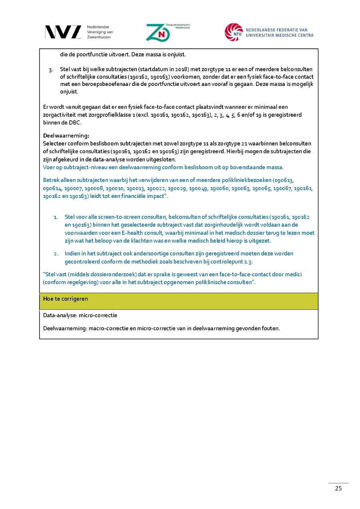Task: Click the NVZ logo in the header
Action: tap(63, 32)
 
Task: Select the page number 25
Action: tap(338, 488)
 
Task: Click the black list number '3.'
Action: tap(51, 70)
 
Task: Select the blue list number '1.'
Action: tap(56, 217)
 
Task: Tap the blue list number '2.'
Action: tap(56, 254)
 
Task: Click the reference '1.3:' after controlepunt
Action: tap(248, 261)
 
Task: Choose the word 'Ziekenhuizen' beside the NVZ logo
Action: tap(99, 37)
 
